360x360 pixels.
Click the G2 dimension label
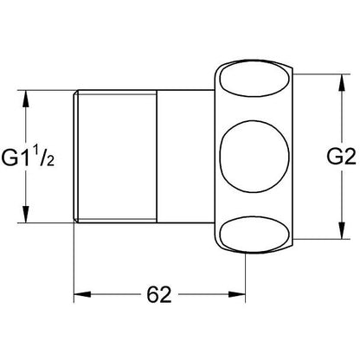(341, 157)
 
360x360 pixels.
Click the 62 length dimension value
(159, 294)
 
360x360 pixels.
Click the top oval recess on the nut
(254, 79)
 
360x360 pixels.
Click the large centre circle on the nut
(254, 157)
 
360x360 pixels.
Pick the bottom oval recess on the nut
(254, 235)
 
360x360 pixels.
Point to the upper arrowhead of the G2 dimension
(342, 83)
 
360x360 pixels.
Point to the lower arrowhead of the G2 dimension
(342, 230)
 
